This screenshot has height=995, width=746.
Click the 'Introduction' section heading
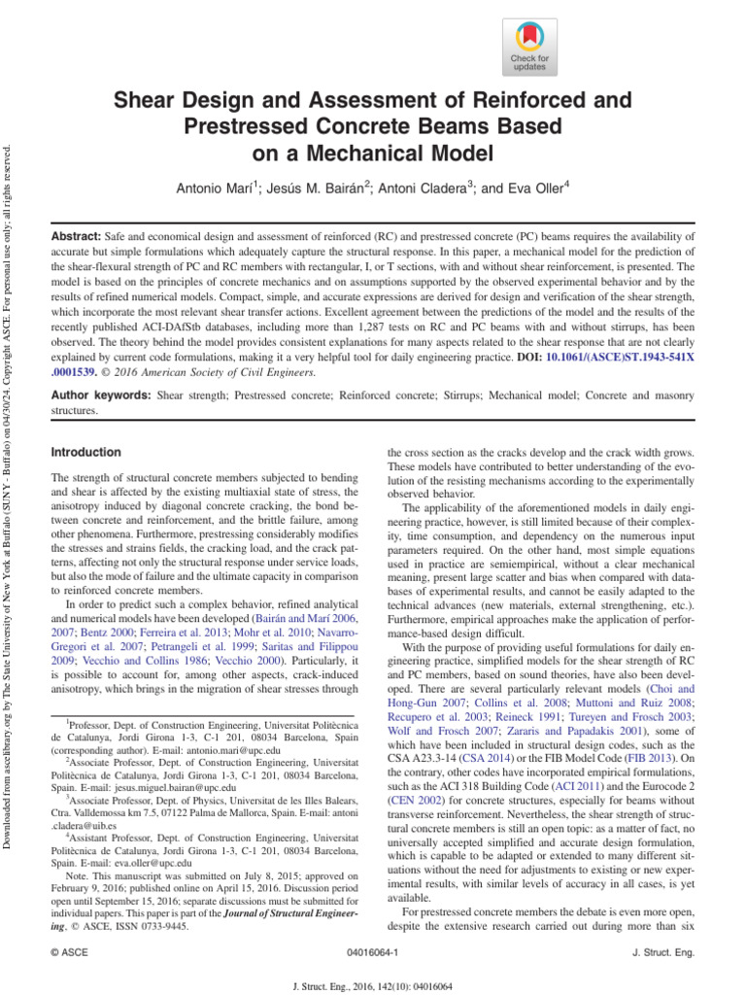85,453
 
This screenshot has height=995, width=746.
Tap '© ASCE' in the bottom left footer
69,956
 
